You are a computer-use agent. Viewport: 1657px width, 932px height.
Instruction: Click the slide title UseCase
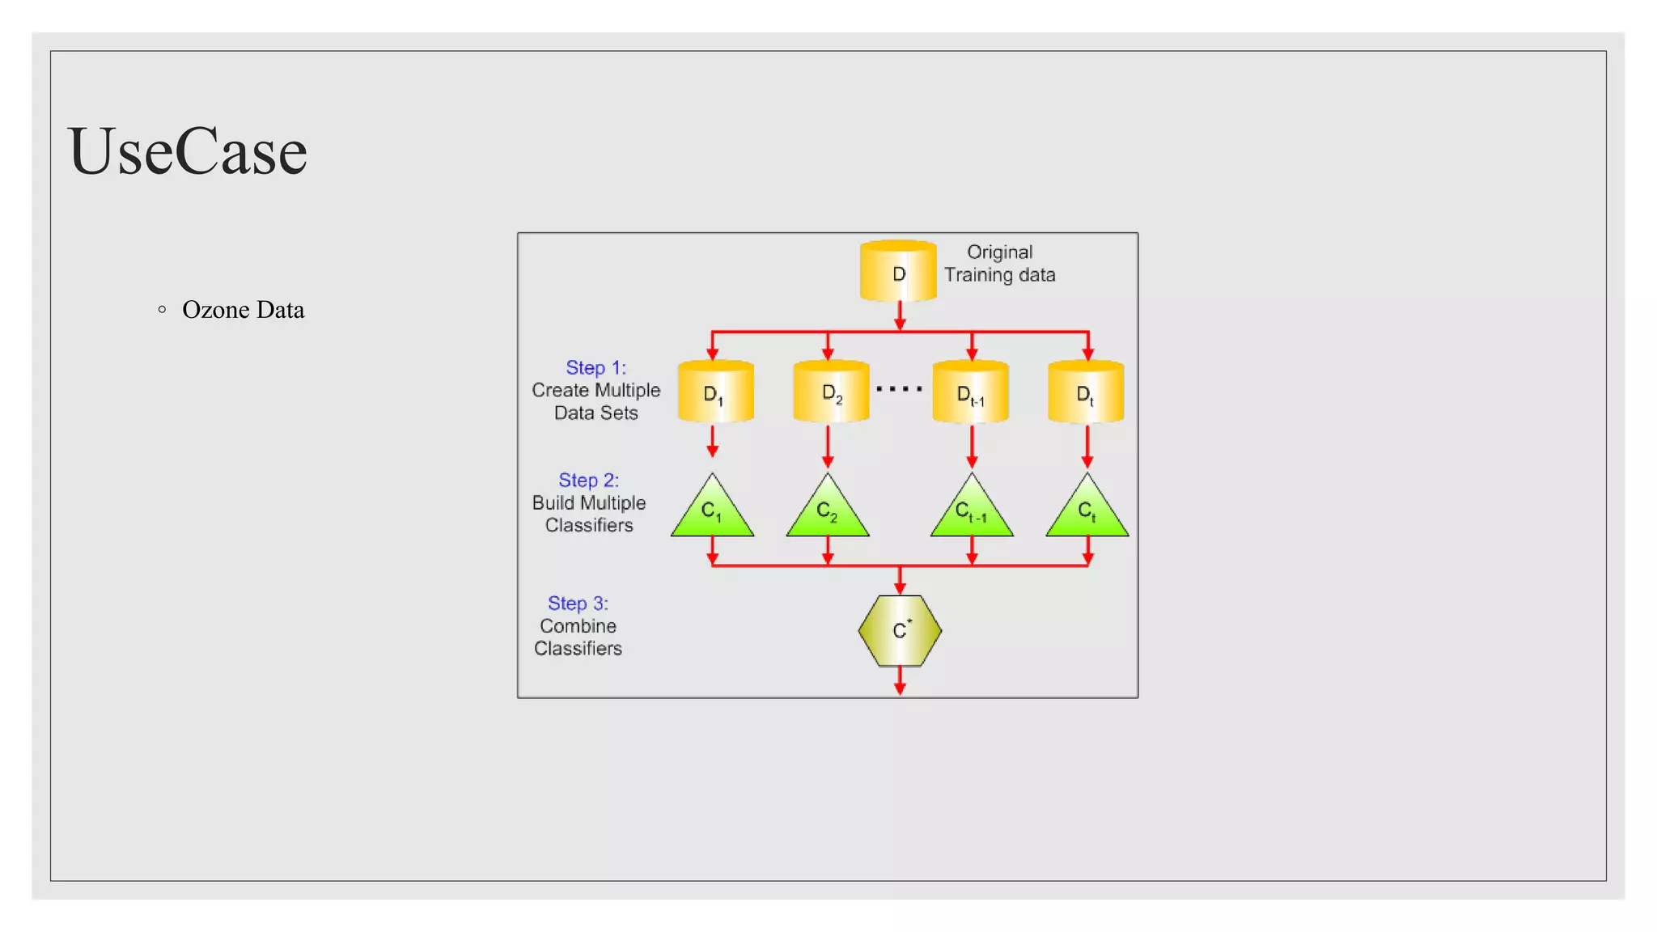(x=187, y=151)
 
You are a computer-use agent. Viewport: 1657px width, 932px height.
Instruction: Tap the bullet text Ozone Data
(x=243, y=310)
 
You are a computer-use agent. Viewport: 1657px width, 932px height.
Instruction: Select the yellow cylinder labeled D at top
(x=898, y=272)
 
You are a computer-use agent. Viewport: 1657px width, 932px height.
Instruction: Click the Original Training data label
(x=999, y=264)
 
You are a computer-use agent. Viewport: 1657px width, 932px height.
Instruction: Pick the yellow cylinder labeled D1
(x=715, y=392)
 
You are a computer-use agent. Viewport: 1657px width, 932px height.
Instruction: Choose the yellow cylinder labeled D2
(x=831, y=392)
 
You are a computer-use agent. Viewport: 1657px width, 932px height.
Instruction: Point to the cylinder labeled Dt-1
(x=970, y=392)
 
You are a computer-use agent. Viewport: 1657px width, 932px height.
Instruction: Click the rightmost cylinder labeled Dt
(x=1086, y=392)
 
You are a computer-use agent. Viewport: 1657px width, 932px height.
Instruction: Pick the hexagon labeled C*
(x=900, y=631)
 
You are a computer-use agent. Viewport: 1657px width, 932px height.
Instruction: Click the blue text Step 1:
(x=595, y=368)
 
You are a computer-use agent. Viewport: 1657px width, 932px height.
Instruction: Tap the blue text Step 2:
(x=588, y=481)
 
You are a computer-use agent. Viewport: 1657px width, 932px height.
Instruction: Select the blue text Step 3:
(x=578, y=604)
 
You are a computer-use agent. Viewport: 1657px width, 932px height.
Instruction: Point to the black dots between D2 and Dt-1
(x=900, y=389)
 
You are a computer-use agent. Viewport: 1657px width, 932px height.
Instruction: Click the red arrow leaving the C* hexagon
(x=900, y=681)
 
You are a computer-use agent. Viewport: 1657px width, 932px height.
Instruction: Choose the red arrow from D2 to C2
(x=828, y=447)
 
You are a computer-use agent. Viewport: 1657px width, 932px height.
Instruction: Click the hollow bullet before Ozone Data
(x=163, y=309)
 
